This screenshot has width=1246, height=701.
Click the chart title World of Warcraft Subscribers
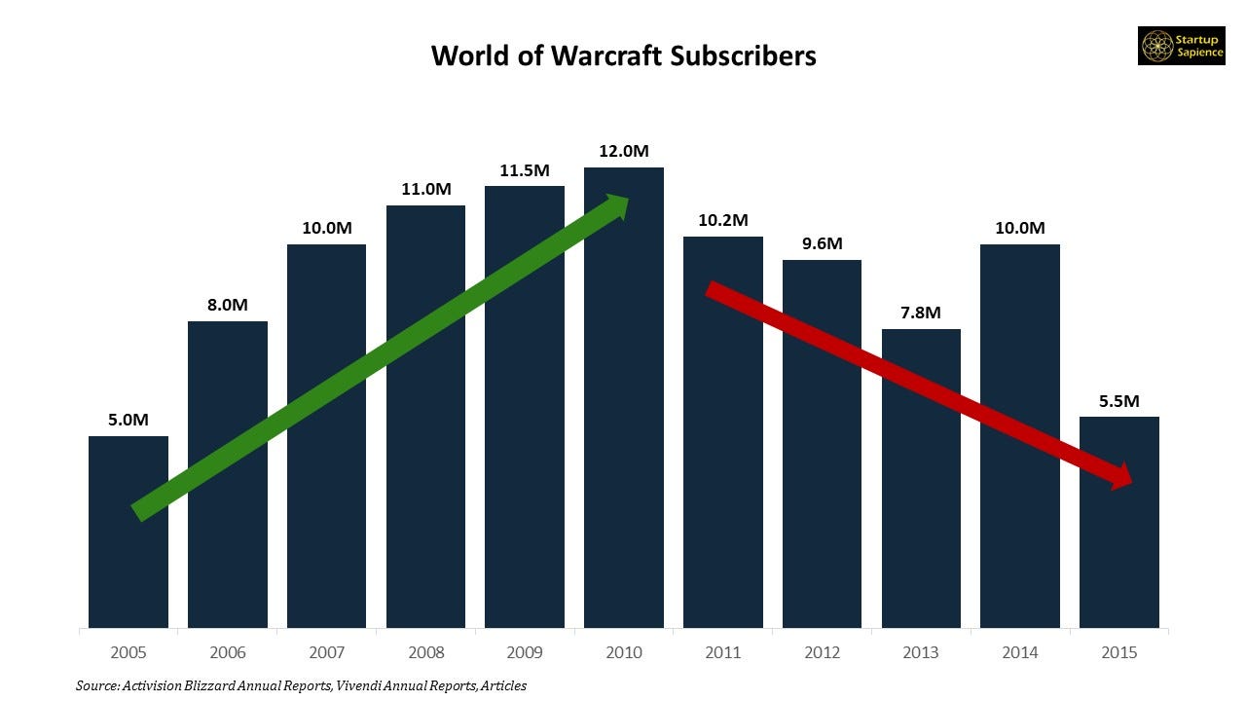[x=623, y=55]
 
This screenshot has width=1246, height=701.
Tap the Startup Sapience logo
[x=1182, y=46]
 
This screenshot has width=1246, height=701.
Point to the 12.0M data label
[x=624, y=151]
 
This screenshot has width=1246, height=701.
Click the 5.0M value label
[x=128, y=420]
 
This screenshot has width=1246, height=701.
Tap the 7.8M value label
[x=921, y=313]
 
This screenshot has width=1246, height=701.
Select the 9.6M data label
[x=822, y=243]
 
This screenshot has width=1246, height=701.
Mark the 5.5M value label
[x=1119, y=400]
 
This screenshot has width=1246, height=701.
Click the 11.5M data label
[x=525, y=170]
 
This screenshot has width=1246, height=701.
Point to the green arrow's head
[x=617, y=206]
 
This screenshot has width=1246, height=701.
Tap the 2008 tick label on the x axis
[x=425, y=652]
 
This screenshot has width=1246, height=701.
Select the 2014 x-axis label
[x=1020, y=652]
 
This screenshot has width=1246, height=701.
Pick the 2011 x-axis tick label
[x=723, y=652]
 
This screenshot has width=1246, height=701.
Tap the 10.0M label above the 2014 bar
[x=1020, y=228]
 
